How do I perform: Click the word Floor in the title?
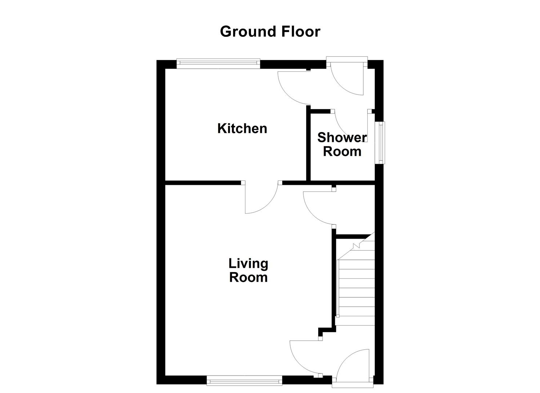pos(300,32)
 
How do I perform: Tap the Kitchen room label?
pos(242,128)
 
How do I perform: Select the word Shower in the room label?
pos(342,138)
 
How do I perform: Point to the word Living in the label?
pos(248,263)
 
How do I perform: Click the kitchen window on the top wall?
pos(218,64)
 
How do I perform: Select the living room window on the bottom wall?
pos(244,382)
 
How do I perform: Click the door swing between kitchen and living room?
pos(260,200)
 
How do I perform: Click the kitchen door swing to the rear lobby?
pos(293,87)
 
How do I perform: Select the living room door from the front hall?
pos(304,357)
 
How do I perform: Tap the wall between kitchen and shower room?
pos(308,146)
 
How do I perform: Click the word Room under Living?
pos(248,278)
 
